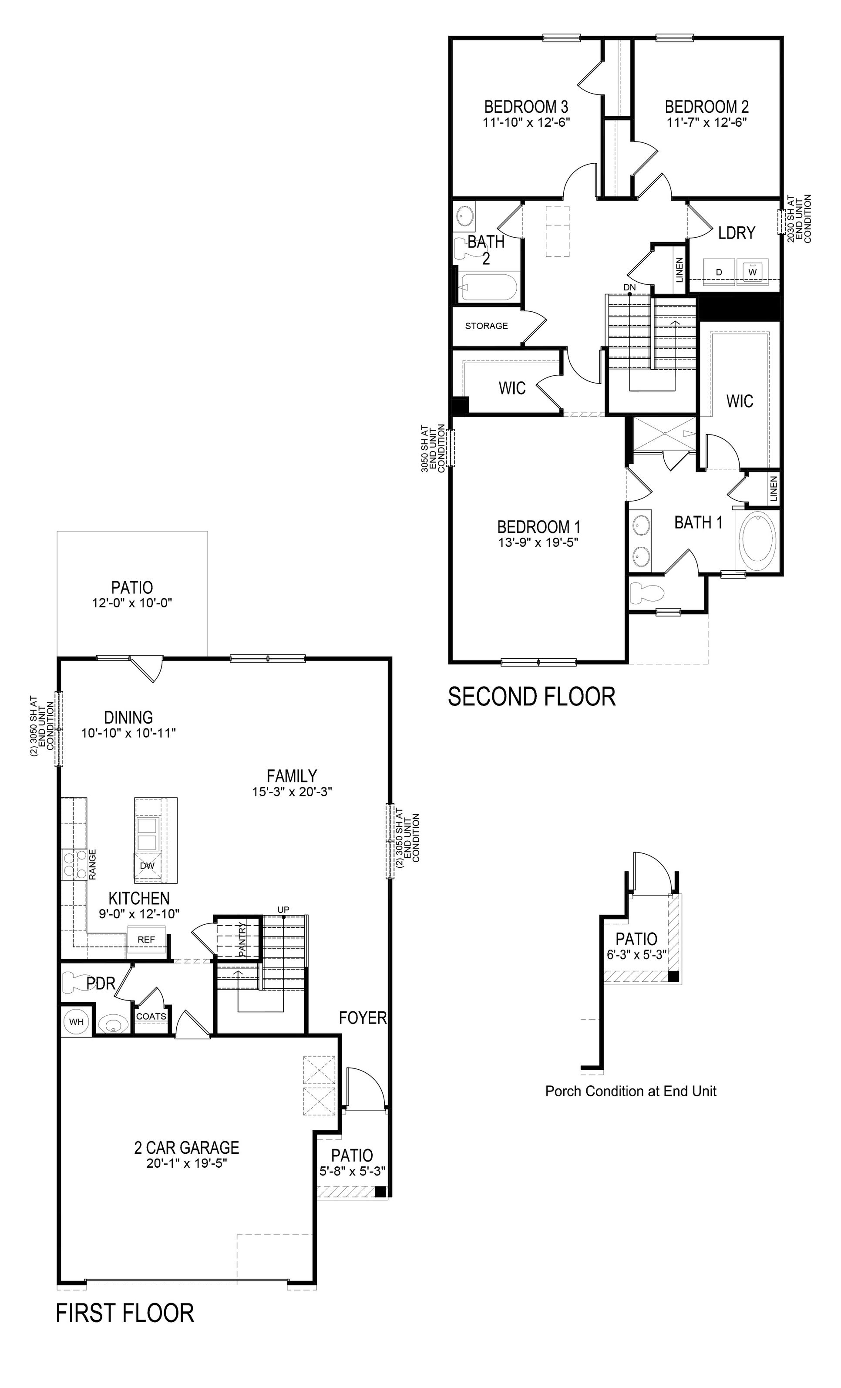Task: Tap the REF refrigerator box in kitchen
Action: pos(146,940)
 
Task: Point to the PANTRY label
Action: pos(242,939)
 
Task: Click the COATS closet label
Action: pos(151,1016)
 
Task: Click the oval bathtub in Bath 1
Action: pos(757,541)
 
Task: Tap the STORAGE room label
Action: pos(486,326)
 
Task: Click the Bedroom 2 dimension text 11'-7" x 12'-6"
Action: pos(707,122)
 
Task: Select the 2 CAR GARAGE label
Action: pos(186,1148)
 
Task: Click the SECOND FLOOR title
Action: pos(531,697)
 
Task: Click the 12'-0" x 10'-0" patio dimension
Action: pos(132,603)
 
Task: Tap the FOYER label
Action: pos(363,1017)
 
